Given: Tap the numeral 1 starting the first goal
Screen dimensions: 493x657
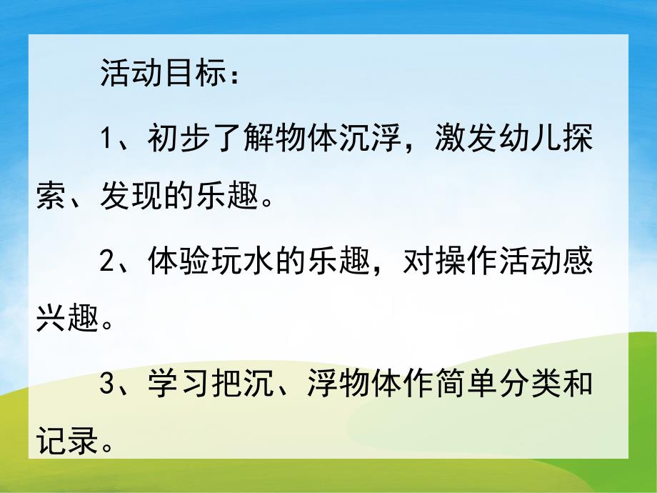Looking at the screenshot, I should (x=108, y=138).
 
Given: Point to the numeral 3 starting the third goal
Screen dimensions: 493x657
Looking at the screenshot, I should (x=108, y=386).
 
